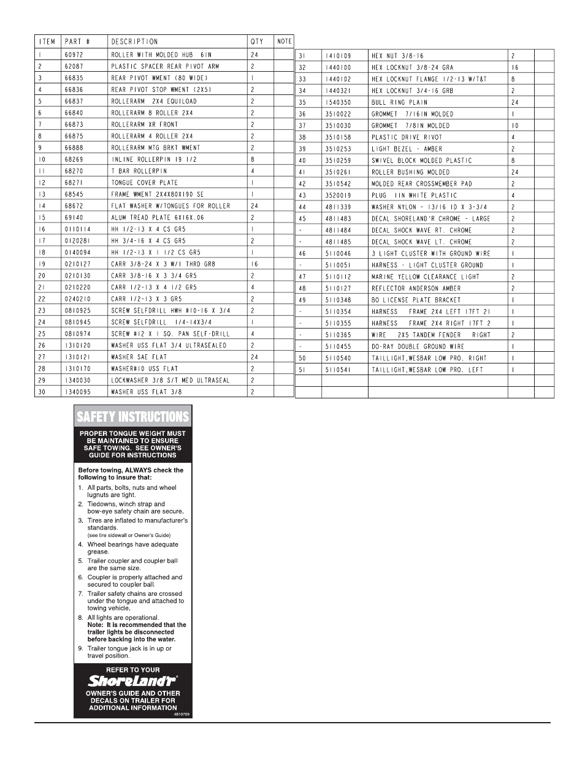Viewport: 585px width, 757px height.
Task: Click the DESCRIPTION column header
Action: click(134, 42)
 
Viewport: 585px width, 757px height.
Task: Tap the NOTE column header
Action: click(285, 42)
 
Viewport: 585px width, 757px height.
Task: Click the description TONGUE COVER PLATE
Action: click(144, 183)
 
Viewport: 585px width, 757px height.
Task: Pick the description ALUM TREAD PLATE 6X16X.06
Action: click(158, 218)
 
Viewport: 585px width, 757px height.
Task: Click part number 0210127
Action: click(77, 264)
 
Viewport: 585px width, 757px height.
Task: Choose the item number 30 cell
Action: click(42, 392)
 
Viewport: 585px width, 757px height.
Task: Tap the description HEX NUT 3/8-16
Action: click(397, 56)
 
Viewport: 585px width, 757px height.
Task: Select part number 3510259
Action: click(338, 161)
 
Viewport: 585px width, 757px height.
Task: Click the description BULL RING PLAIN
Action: click(399, 102)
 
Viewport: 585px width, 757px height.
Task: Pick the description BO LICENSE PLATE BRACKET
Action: click(416, 300)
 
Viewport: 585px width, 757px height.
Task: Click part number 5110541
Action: click(338, 370)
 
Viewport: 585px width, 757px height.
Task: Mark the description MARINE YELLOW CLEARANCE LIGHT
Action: click(426, 277)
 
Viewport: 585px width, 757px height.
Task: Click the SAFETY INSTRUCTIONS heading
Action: click(132, 417)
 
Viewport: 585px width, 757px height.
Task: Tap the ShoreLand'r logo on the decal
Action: click(132, 680)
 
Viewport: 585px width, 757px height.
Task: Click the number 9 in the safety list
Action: click(80, 649)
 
